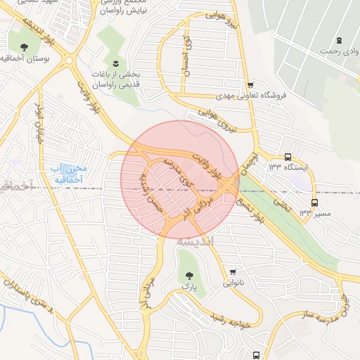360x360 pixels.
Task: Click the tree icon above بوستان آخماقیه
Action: pos(25,48)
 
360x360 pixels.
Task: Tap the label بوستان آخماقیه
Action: pos(27,60)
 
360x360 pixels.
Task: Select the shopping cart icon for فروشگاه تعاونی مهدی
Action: pos(250,84)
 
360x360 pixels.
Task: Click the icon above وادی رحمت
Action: pos(340,39)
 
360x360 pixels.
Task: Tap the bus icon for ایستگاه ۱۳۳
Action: pos(288,157)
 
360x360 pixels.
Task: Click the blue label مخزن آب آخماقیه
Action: pos(68,174)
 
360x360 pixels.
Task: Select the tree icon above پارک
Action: pos(188,274)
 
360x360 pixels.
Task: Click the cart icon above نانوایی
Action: pos(233,272)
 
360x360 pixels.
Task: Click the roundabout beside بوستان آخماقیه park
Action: pos(69,60)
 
